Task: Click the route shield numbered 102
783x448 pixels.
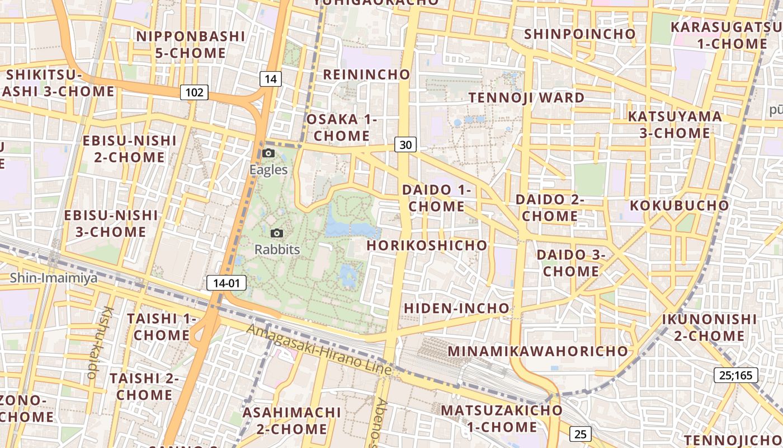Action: (x=194, y=92)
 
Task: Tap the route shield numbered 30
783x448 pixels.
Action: (x=405, y=145)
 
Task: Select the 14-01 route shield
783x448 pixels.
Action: (x=227, y=283)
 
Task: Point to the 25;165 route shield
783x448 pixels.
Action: (x=735, y=375)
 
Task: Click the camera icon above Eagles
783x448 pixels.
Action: (x=268, y=153)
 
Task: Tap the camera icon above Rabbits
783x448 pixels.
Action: (x=276, y=233)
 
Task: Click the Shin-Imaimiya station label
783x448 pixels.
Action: (x=54, y=278)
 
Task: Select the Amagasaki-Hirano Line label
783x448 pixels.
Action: (x=319, y=349)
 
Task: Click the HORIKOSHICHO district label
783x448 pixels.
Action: (x=427, y=245)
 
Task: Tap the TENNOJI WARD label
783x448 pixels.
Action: (x=526, y=97)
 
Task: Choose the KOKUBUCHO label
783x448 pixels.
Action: (x=680, y=206)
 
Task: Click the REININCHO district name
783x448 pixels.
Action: (x=366, y=74)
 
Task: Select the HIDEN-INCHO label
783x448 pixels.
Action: (x=456, y=308)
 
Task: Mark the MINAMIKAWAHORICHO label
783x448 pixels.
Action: (x=538, y=351)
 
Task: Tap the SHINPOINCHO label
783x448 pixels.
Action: (x=579, y=34)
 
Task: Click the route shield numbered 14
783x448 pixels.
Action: (x=271, y=79)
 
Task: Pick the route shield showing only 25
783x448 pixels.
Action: (x=580, y=433)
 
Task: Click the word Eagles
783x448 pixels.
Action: (x=268, y=170)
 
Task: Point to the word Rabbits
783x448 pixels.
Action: (x=277, y=250)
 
